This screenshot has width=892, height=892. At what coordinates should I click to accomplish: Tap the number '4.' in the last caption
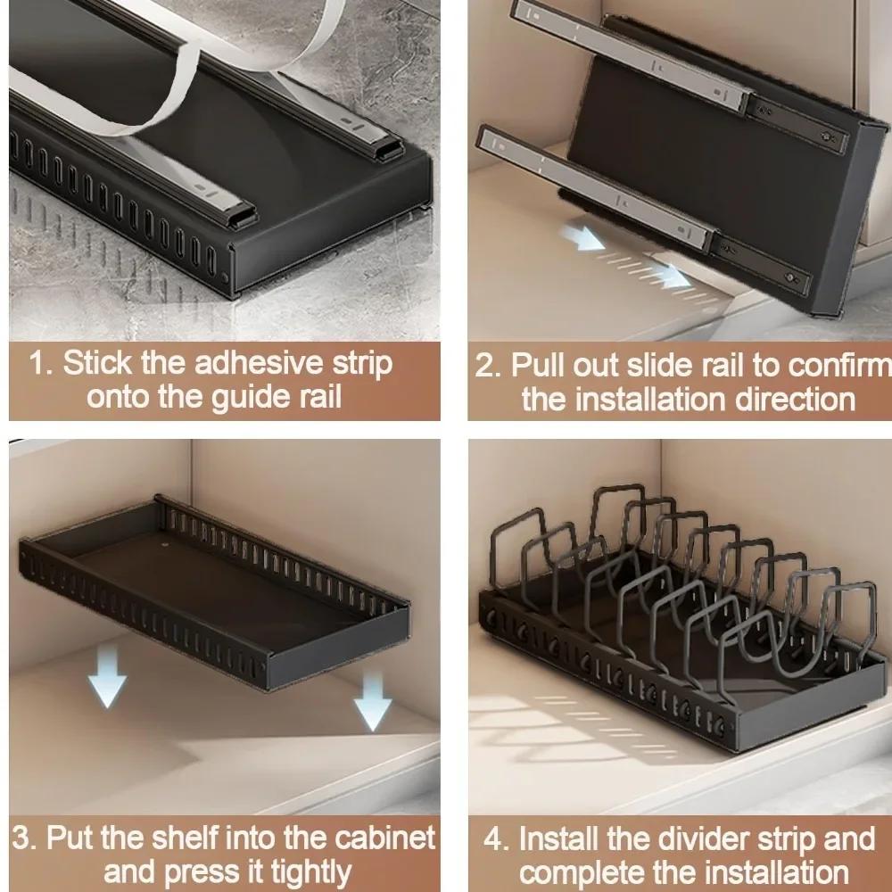point(496,839)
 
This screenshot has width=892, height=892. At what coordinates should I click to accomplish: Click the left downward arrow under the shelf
point(106,674)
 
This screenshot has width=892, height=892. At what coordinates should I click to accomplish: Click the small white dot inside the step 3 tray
point(166,541)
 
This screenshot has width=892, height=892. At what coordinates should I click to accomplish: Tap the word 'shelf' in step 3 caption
point(199,838)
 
